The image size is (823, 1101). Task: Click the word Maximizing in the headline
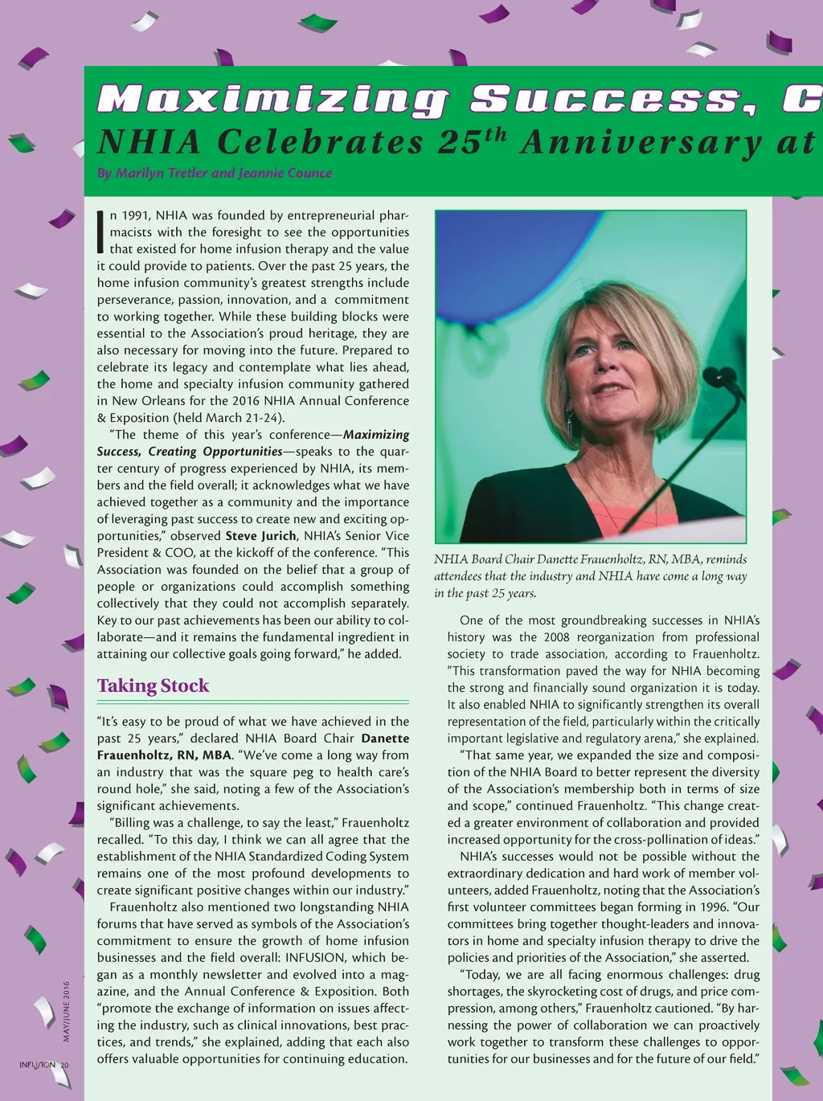[273, 100]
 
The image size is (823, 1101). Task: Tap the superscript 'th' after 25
[495, 133]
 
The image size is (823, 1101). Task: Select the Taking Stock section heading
[153, 686]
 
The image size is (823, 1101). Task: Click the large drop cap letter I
[100, 231]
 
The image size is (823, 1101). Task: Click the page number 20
[64, 1066]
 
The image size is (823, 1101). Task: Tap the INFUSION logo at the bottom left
[37, 1066]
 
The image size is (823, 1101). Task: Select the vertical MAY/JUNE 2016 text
[67, 1011]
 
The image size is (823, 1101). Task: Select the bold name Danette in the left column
[385, 739]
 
